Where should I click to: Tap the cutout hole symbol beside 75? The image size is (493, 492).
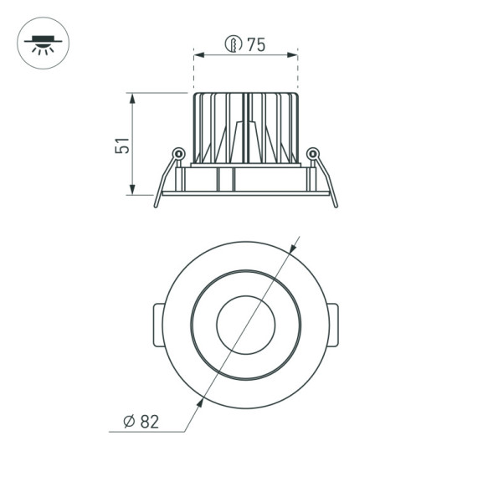click(x=234, y=44)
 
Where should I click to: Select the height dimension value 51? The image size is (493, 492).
click(x=122, y=145)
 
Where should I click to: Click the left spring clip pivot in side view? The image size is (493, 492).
click(x=177, y=153)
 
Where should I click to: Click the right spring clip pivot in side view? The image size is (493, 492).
click(x=312, y=153)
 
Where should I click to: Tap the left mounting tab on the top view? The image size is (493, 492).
click(x=157, y=325)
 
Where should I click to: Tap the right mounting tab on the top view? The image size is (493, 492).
click(x=333, y=325)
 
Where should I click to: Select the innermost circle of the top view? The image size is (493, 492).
click(x=245, y=325)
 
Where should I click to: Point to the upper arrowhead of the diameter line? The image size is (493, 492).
click(x=292, y=249)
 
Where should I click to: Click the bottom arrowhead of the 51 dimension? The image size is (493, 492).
click(x=133, y=190)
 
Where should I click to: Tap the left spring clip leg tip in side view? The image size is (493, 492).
click(x=157, y=204)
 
